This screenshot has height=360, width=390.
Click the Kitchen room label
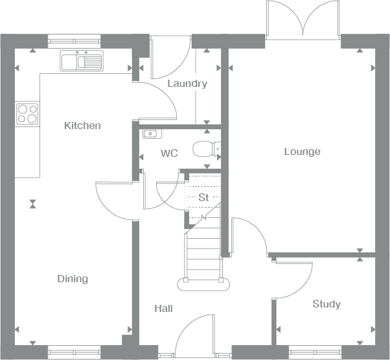pos(82,125)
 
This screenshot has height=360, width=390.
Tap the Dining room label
pos(73,279)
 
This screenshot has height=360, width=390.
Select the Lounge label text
pos(302,152)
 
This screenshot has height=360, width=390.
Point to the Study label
pos(327,304)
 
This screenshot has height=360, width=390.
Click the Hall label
pos(163,309)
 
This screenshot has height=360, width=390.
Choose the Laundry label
pos(187,84)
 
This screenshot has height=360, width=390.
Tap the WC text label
pos(169,153)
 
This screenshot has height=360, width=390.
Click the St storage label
pos(203,197)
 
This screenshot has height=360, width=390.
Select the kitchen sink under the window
pos(82,61)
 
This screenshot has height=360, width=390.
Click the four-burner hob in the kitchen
pos(27,114)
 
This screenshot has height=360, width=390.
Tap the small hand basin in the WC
pos(151,134)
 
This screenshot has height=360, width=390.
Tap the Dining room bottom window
pos(75,353)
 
